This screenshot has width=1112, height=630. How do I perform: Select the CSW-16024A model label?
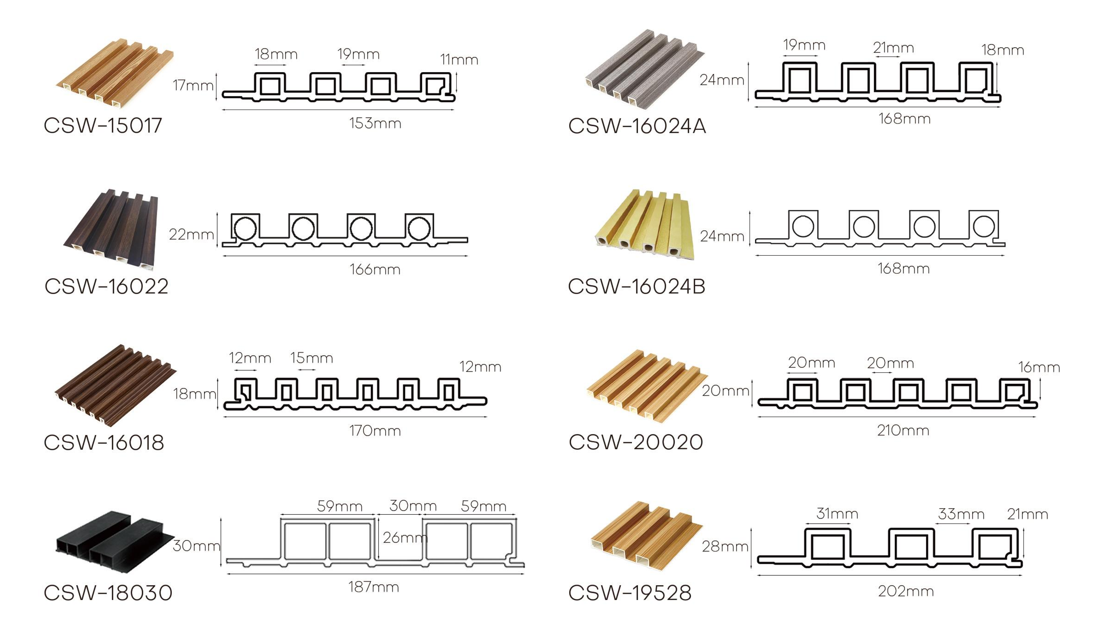637,126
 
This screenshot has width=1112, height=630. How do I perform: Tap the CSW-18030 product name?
108,593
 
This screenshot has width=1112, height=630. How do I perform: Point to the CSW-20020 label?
636,442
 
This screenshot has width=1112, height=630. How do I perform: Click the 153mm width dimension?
375,123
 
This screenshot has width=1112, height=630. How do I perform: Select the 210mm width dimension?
903,430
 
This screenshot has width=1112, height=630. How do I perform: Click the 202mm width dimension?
906,591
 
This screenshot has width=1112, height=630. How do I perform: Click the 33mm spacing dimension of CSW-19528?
961,514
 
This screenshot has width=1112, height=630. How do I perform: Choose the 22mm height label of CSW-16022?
191,234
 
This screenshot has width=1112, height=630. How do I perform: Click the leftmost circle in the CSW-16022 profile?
245,229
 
